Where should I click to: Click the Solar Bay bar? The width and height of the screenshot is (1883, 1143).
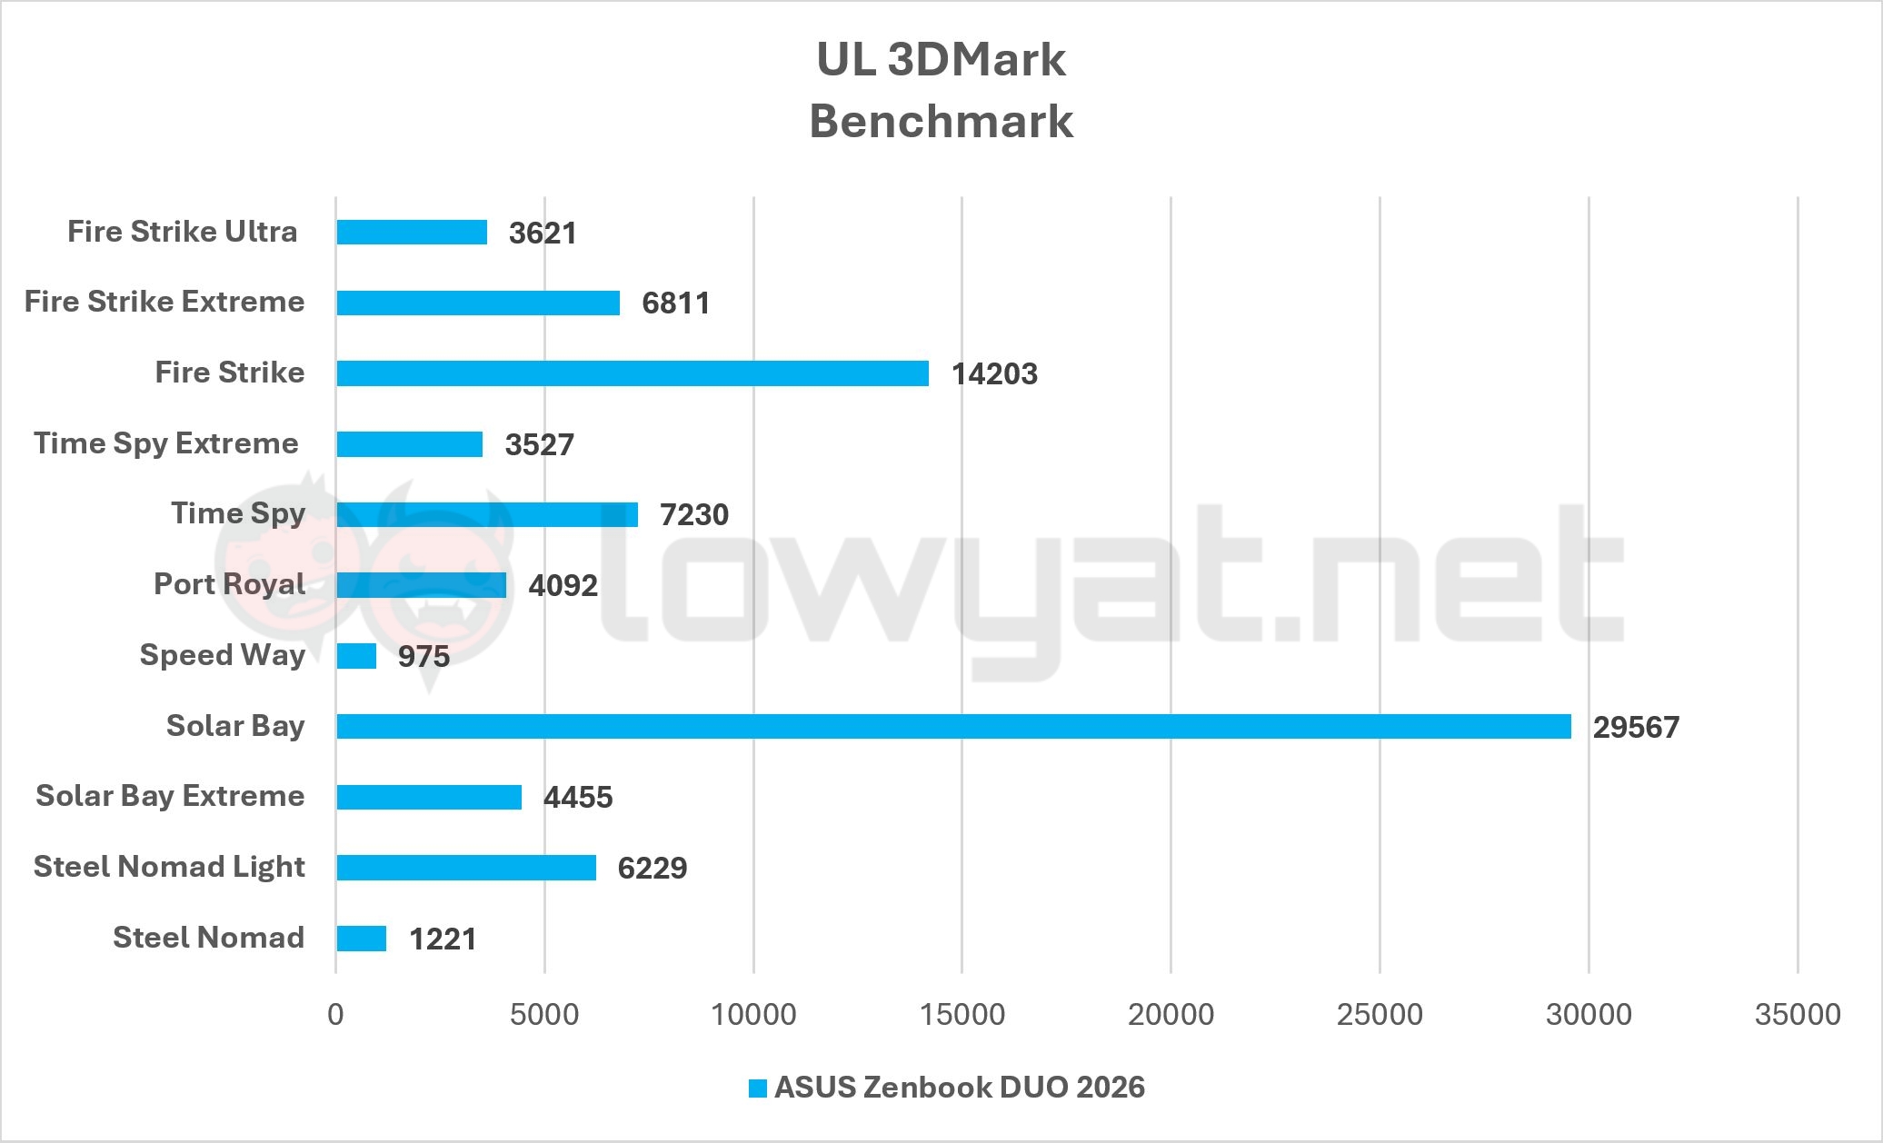click(x=953, y=726)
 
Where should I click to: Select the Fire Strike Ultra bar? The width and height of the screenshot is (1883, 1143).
click(x=412, y=233)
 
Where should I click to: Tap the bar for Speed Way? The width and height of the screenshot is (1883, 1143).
click(x=356, y=656)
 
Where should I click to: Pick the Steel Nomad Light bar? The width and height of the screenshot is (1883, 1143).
click(x=466, y=868)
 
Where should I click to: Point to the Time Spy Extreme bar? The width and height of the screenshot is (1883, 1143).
click(x=409, y=444)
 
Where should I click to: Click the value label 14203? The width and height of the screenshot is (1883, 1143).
click(x=994, y=374)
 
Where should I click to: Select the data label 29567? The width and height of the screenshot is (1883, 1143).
click(x=1636, y=728)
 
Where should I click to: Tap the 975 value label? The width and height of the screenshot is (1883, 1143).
click(x=423, y=657)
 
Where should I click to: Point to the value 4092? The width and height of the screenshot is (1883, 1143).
click(x=563, y=586)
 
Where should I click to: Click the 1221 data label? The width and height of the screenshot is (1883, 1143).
click(x=443, y=939)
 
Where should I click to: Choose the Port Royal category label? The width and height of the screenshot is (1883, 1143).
click(x=229, y=584)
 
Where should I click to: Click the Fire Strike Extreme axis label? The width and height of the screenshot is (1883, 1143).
click(x=164, y=302)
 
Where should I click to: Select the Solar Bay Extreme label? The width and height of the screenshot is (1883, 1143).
click(x=170, y=796)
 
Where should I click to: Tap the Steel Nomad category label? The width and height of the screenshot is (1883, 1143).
click(x=208, y=938)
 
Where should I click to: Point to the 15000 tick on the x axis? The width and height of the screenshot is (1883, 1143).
click(x=962, y=1014)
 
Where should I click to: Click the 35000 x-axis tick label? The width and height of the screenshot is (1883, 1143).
click(x=1798, y=1014)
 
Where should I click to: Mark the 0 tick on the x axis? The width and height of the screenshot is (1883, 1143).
click(x=336, y=1014)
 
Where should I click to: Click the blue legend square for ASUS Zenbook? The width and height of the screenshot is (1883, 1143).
click(x=757, y=1088)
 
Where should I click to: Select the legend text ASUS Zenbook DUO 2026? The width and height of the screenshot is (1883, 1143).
click(x=959, y=1088)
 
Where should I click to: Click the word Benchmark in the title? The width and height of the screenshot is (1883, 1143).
click(x=941, y=122)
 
